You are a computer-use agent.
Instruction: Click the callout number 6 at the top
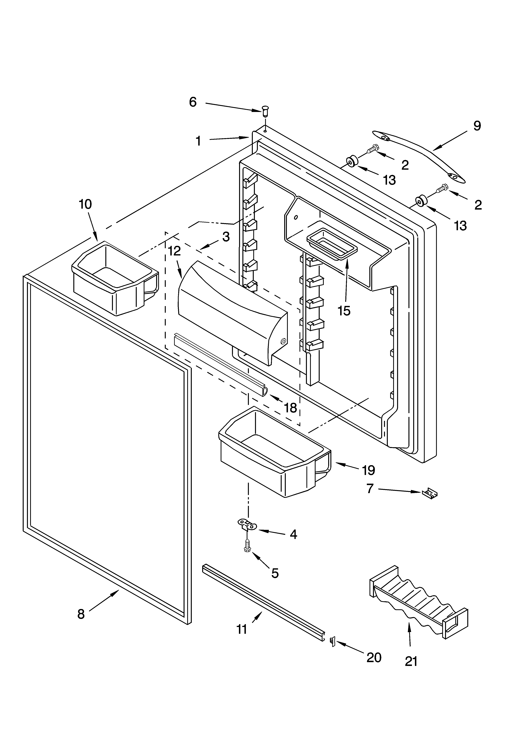click(193, 102)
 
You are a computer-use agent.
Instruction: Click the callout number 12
click(174, 251)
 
